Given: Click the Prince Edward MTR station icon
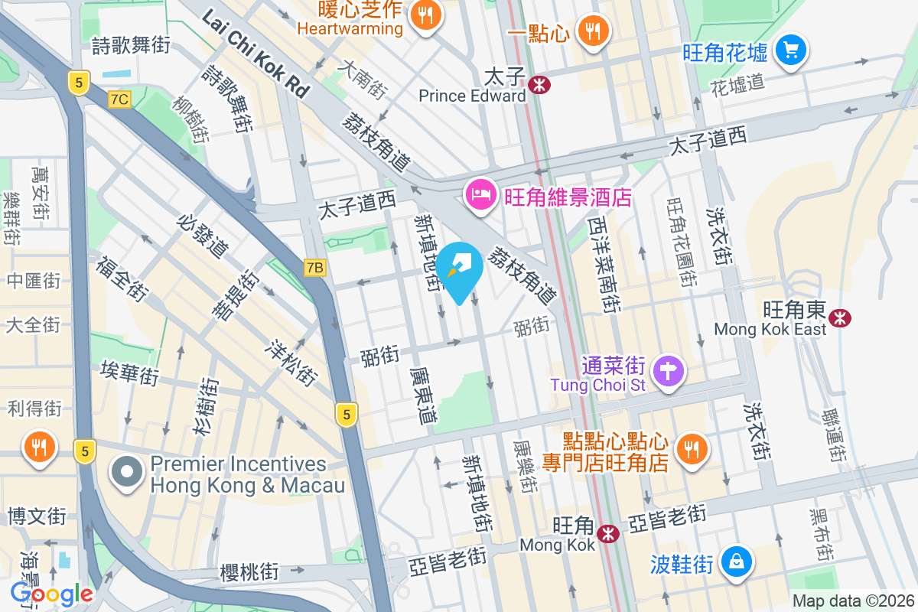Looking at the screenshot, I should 539,84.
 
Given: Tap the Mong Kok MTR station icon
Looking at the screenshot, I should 608,533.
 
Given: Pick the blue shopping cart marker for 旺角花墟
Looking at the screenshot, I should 789,51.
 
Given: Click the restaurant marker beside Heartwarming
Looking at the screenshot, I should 423,15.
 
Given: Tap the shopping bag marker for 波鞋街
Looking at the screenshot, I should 735,562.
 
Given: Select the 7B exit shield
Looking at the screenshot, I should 314,267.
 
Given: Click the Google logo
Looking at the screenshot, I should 52,594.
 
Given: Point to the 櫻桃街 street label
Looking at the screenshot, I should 249,572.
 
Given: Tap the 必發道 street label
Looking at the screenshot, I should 202,236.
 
